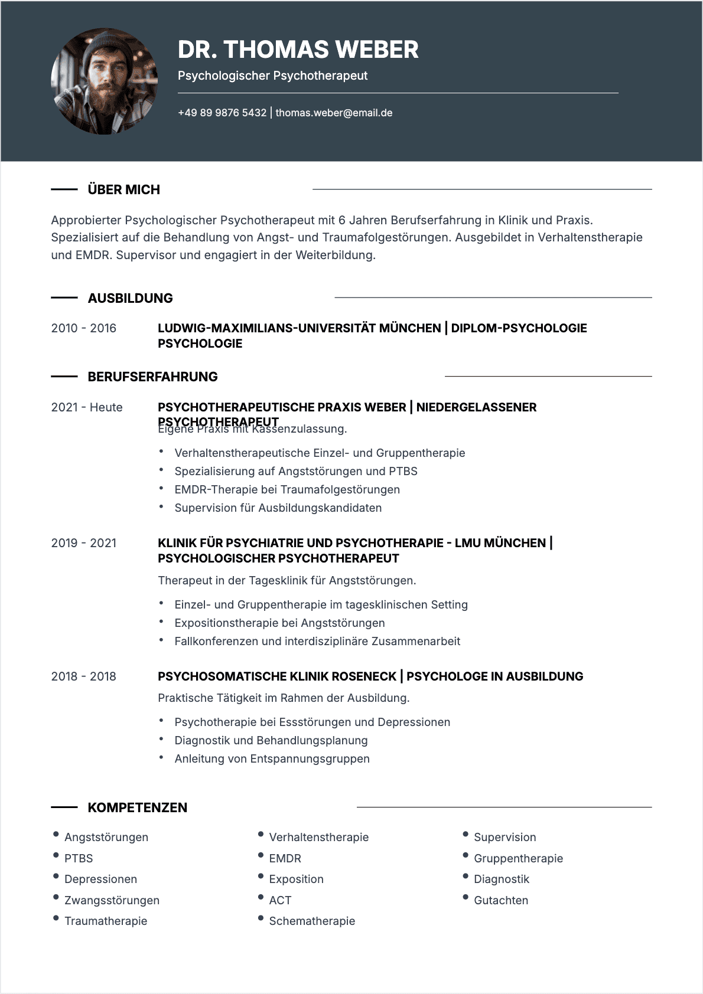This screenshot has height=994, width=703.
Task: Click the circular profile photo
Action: (105, 81)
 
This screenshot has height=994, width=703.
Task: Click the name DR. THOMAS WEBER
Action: (298, 50)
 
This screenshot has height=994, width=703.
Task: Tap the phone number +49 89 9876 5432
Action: (222, 113)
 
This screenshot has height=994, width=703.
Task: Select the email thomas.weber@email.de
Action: (334, 113)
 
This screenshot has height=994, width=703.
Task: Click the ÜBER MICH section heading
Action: (123, 189)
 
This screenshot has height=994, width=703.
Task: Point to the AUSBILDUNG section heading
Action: (130, 298)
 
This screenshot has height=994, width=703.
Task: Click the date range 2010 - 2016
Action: (83, 328)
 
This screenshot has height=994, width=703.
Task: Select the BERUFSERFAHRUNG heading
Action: (152, 377)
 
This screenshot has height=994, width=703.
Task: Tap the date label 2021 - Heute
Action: (87, 407)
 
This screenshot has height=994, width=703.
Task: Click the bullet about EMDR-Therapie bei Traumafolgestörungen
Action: (287, 489)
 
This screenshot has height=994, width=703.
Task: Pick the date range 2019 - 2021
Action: (83, 543)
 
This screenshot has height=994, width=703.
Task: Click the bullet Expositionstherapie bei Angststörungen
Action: (279, 623)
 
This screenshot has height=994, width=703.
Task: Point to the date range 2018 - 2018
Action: (83, 676)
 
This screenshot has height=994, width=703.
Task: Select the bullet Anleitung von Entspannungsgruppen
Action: (272, 758)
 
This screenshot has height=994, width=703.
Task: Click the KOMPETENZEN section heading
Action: (137, 807)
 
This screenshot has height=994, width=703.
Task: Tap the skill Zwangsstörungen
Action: (112, 900)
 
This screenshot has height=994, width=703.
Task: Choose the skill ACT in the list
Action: (280, 900)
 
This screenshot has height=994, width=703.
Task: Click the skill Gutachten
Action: (501, 900)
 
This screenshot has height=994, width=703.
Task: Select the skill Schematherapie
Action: (312, 921)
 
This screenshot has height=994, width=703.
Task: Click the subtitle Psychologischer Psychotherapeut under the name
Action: (272, 76)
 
